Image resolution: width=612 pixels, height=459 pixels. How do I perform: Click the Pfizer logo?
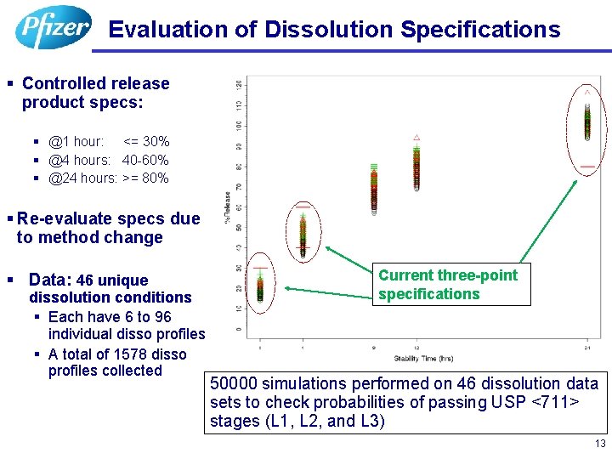53,27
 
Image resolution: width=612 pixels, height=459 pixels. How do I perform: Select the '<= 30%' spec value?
146,141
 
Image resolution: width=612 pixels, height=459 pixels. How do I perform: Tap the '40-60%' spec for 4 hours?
145,160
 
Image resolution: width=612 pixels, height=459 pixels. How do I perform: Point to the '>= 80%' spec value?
145,178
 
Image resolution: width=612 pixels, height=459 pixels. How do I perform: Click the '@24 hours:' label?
82,178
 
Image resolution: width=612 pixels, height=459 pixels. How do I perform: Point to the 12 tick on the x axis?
416,348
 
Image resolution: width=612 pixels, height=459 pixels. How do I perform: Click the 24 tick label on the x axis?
587,348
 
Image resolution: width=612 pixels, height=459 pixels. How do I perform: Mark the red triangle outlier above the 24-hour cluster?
586,89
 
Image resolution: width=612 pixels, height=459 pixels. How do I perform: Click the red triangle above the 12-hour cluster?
416,136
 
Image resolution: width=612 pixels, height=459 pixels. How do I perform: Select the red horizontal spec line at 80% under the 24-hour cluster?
587,166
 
